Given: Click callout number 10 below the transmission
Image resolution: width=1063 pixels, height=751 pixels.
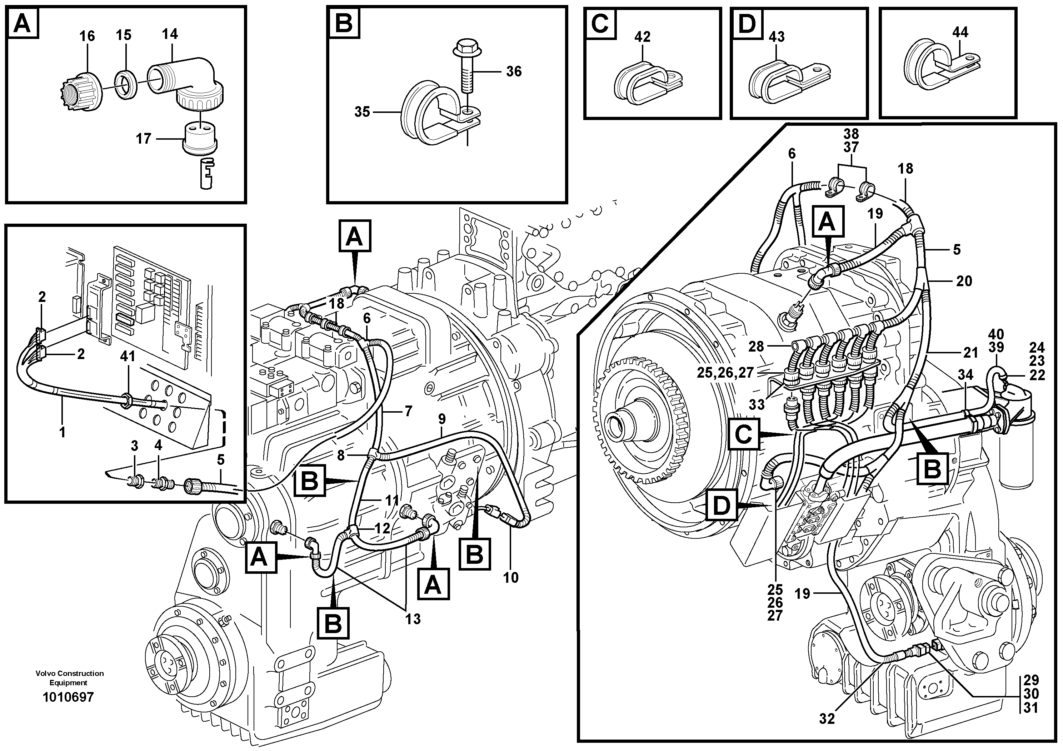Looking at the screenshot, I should pyautogui.click(x=511, y=577).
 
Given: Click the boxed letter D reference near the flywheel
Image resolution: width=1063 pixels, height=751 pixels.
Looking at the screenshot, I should pyautogui.click(x=721, y=506).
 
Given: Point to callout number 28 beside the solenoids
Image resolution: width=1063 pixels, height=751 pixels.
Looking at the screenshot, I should pyautogui.click(x=756, y=346).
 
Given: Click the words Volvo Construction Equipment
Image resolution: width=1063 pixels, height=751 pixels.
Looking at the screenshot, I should pyautogui.click(x=69, y=678).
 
